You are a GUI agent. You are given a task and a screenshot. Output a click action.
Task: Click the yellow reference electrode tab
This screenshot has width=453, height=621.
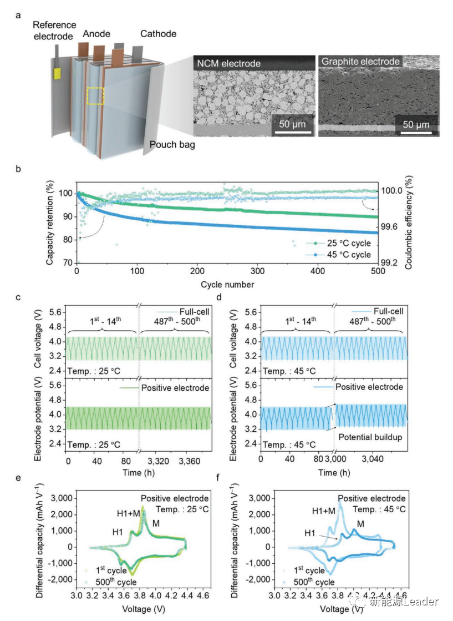(x=57, y=73)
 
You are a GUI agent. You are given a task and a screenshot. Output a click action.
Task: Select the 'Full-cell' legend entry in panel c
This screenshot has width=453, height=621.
(x=190, y=312)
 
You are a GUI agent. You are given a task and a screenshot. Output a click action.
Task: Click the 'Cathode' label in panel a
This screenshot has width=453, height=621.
(x=158, y=34)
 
